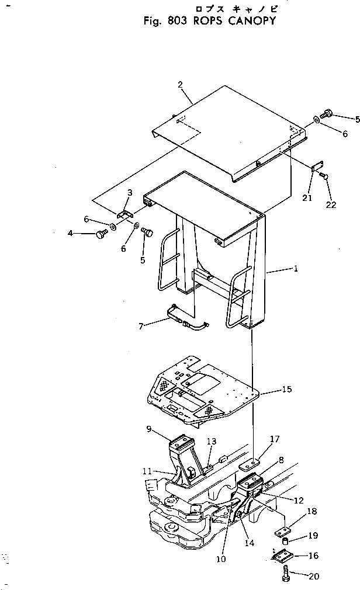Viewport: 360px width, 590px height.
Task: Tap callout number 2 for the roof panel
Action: pyautogui.click(x=181, y=85)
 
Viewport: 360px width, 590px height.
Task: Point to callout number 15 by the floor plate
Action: pyautogui.click(x=286, y=389)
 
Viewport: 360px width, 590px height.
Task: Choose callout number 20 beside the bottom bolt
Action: pyautogui.click(x=314, y=577)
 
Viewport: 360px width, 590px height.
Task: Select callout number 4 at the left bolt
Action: pyautogui.click(x=71, y=234)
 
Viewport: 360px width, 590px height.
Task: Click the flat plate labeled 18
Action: pyautogui.click(x=282, y=531)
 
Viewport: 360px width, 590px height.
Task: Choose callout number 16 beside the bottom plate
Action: pyautogui.click(x=314, y=556)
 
